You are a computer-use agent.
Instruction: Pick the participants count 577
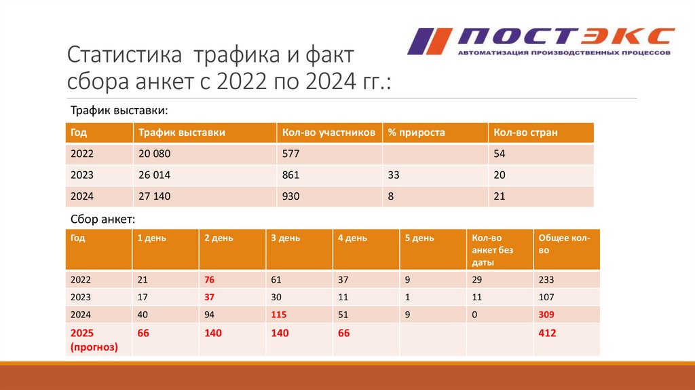point(290,154)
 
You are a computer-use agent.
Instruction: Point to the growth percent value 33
point(394,175)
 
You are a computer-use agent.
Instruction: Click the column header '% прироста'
point(416,132)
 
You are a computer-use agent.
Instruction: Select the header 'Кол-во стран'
point(525,132)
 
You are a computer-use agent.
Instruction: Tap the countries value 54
point(500,154)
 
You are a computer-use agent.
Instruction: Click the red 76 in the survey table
point(210,279)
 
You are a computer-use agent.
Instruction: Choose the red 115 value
point(279,315)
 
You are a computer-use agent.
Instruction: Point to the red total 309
point(546,315)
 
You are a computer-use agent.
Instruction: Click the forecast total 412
point(547,333)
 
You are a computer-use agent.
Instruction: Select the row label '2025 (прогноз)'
point(94,340)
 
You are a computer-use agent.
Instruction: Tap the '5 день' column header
point(419,238)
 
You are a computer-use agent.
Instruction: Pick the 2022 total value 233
point(546,279)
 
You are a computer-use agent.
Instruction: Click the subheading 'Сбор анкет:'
point(103,219)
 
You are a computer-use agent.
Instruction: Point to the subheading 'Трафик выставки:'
point(119,110)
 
